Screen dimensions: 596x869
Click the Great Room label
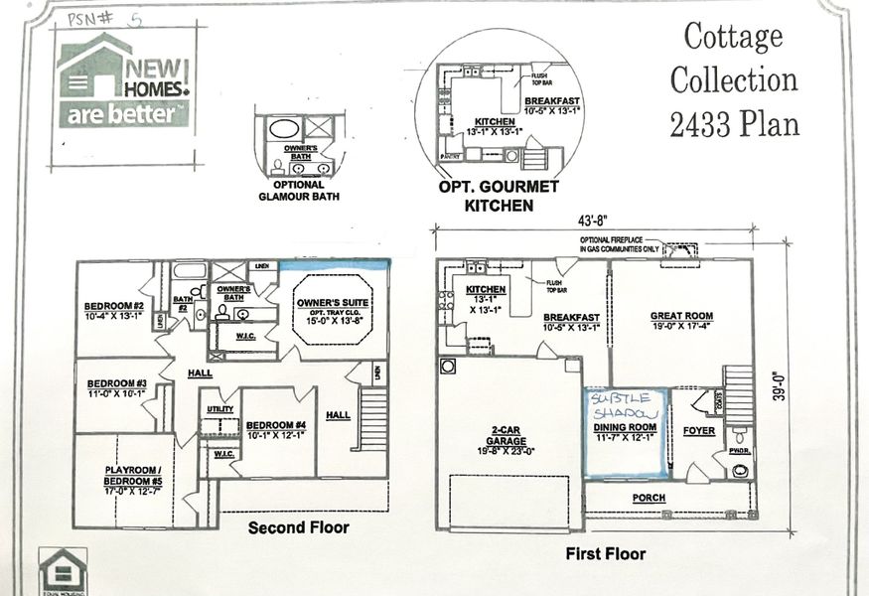[x=681, y=316]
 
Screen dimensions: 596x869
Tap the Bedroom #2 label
[x=114, y=305]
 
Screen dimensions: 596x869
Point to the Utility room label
[x=219, y=408]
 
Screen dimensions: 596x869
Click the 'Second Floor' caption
[x=298, y=527]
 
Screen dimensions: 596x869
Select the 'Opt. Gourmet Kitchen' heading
[x=499, y=196]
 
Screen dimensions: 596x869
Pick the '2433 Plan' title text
[x=734, y=123]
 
